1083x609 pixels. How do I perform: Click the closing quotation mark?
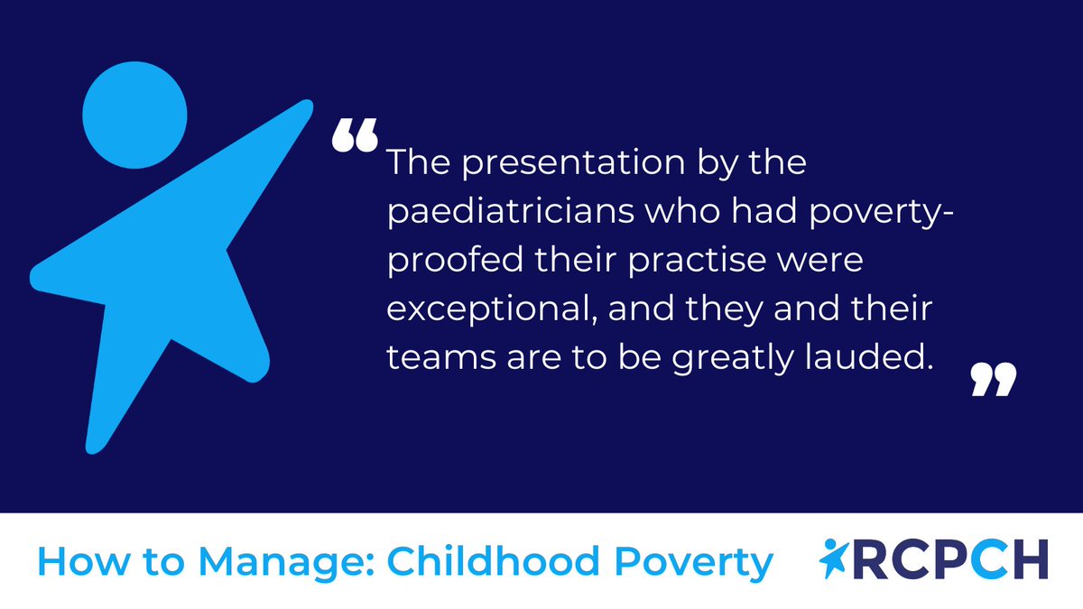click(994, 381)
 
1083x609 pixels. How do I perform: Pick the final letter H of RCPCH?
click(1030, 560)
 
